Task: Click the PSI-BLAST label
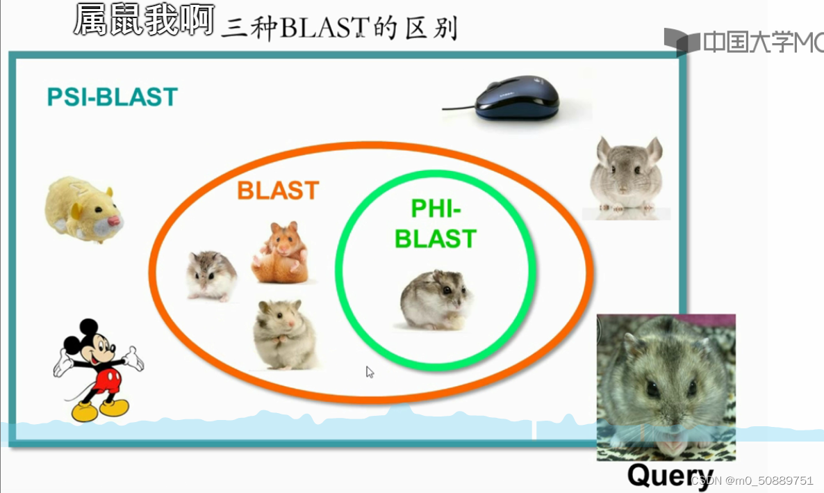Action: tap(112, 97)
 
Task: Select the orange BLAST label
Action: tap(278, 191)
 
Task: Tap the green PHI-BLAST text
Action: tap(436, 224)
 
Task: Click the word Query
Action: tap(670, 476)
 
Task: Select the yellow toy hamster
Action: tap(83, 209)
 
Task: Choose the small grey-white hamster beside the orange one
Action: tap(211, 275)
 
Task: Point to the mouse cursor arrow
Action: tap(370, 372)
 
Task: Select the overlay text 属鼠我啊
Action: tap(143, 20)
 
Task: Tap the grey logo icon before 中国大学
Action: tap(680, 42)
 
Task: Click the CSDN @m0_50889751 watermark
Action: tap(753, 480)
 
